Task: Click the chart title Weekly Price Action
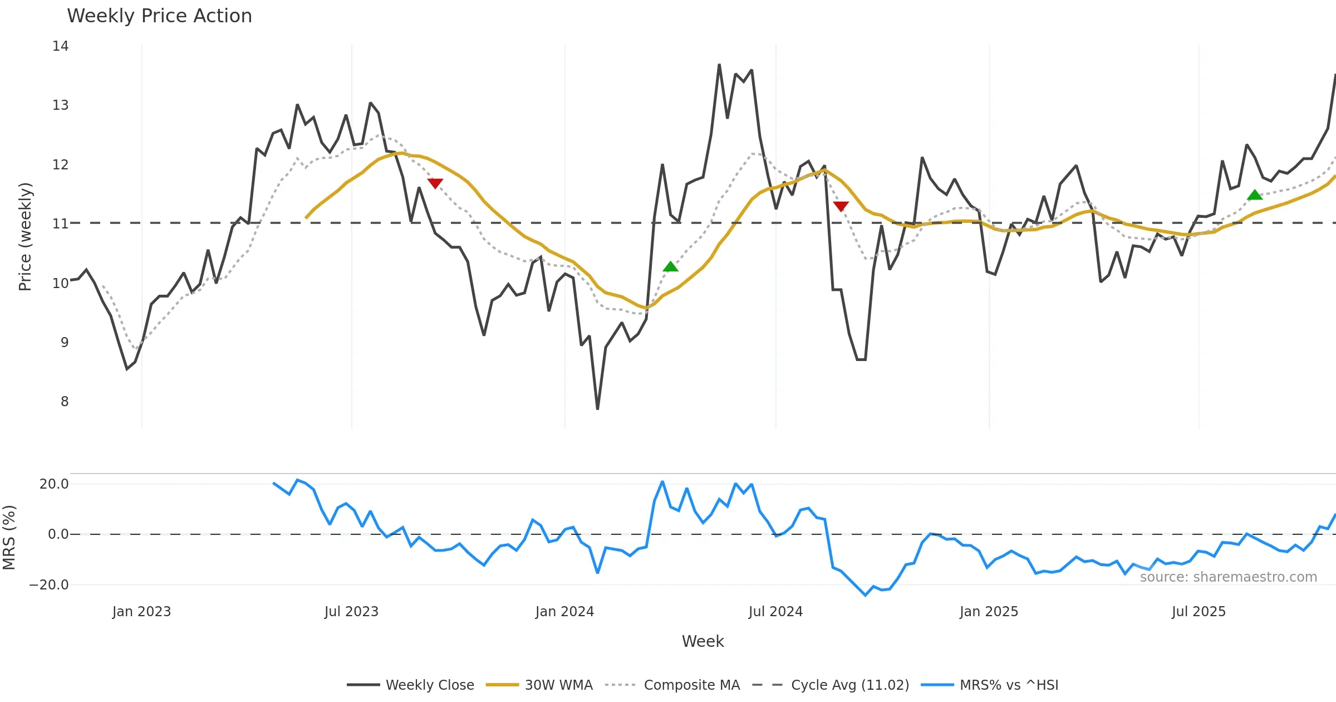click(x=159, y=16)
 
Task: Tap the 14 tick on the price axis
click(x=61, y=46)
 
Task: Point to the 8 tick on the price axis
click(x=65, y=402)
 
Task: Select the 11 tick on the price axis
click(x=61, y=224)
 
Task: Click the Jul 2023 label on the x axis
click(x=351, y=612)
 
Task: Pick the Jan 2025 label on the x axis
click(x=989, y=612)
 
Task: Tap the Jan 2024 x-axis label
click(x=564, y=612)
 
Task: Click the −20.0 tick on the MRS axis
click(x=49, y=585)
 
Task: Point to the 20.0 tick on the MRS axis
click(x=54, y=484)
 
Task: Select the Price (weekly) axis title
click(x=26, y=237)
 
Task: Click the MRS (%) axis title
click(x=9, y=538)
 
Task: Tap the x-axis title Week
click(x=703, y=642)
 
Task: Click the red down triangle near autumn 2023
click(x=435, y=183)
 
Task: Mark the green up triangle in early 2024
click(x=671, y=267)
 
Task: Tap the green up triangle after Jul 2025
click(x=1255, y=195)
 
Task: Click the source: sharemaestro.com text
click(x=1228, y=577)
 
